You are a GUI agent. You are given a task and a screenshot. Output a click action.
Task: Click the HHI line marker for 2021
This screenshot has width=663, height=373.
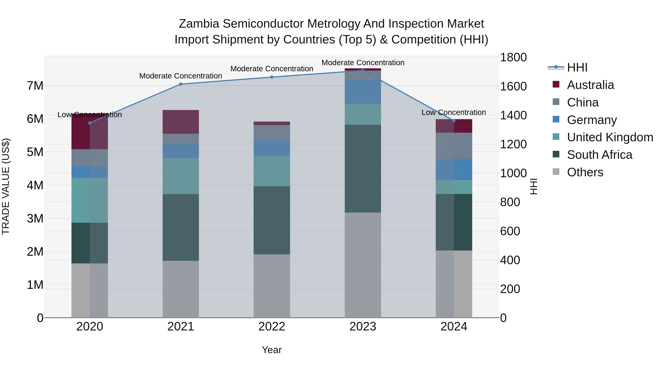coord(181,84)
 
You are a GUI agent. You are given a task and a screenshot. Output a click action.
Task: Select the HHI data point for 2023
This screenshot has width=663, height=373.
coord(363,70)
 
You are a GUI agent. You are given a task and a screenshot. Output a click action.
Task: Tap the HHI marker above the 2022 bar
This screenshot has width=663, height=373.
coord(272,77)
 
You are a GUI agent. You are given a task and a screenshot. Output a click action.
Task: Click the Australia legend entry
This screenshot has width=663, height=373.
coord(590,85)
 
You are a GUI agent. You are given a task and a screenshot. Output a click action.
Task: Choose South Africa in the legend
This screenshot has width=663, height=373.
coord(599,155)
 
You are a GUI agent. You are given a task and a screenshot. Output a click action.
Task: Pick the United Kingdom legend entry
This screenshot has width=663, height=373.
coord(610,137)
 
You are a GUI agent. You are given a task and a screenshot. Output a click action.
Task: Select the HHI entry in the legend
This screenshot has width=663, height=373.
coord(577,67)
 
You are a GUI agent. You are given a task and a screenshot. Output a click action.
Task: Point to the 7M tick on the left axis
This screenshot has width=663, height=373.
coord(35,86)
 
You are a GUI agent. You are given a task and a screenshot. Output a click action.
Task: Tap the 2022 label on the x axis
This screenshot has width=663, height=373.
coord(272,327)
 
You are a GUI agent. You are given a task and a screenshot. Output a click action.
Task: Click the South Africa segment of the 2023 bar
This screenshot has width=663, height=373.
coord(363,169)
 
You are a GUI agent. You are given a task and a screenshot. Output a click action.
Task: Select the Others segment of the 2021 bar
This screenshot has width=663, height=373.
coord(181,289)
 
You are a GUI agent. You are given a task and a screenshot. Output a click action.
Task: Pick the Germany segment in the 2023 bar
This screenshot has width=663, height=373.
coord(363,92)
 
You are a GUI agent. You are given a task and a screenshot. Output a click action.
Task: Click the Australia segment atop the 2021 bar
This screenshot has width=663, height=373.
coord(181,122)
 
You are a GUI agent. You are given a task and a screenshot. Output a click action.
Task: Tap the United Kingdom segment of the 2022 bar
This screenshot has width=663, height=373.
coord(272,171)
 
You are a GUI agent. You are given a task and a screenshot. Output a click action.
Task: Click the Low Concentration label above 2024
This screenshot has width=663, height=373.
coord(453,113)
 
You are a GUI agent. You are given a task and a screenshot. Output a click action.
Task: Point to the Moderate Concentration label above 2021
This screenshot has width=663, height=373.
coord(181,76)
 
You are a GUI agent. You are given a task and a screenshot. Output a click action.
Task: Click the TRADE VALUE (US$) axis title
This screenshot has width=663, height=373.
coord(6,186)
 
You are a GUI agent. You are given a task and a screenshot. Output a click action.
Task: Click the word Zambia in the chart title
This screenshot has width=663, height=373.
coord(199,24)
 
